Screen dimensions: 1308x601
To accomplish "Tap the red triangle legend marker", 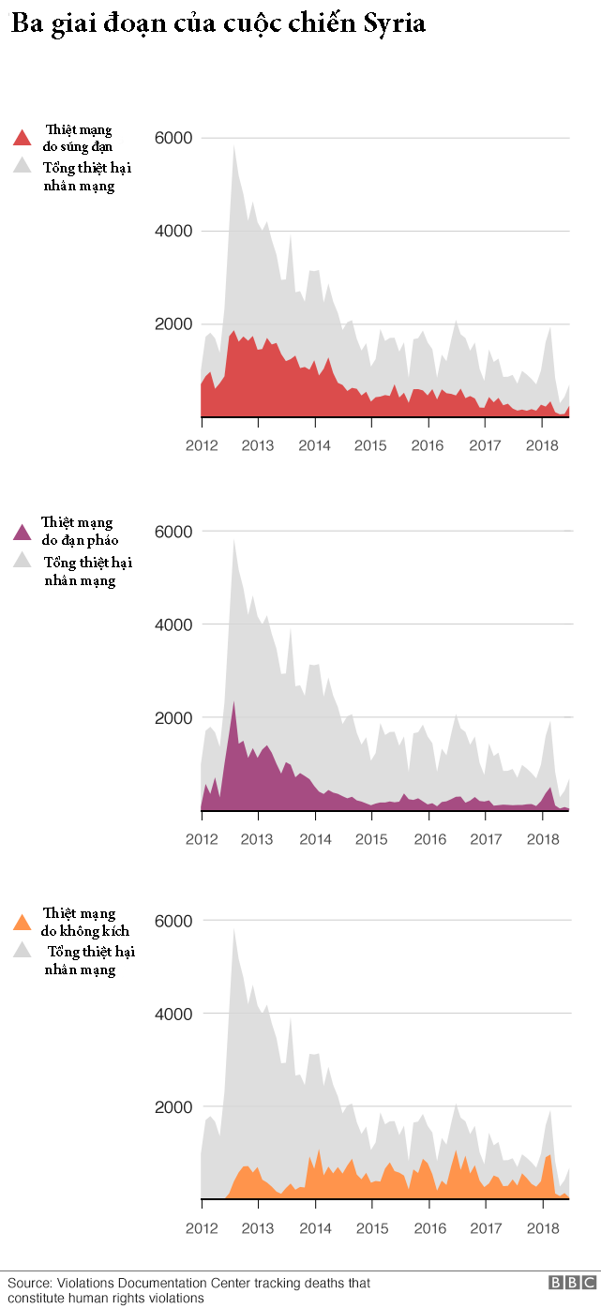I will tap(23, 139).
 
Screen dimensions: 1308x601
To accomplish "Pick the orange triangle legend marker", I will tap(23, 923).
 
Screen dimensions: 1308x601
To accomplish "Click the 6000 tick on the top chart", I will tap(173, 138).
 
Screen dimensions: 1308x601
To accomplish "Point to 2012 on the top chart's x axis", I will tap(202, 445).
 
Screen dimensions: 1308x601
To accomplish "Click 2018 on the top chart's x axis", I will tap(542, 445).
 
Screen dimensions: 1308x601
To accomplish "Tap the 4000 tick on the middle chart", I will tap(173, 624).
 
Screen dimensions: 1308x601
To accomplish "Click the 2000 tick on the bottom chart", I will tap(173, 1107).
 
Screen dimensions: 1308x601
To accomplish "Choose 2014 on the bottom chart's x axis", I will tap(315, 1228).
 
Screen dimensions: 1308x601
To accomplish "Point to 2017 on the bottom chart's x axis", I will tap(485, 1228).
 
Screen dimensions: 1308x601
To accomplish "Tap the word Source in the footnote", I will tap(28, 1283).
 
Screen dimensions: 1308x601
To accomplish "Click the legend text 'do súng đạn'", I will tap(79, 146).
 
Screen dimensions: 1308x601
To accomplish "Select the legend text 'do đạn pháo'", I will tap(80, 540).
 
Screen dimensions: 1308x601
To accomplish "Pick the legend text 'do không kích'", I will tap(85, 930).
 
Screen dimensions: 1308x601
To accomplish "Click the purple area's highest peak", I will tap(233, 701).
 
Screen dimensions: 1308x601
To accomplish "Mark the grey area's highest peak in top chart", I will tap(233, 145).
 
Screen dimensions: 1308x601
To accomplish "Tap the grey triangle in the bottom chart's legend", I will tap(23, 952).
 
